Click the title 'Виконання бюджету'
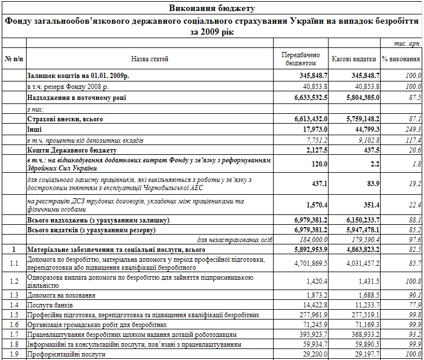[212, 8]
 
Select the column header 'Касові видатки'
[355, 59]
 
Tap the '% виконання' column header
[401, 59]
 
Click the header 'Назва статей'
[149, 59]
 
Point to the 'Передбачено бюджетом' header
[300, 59]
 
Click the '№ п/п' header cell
[13, 59]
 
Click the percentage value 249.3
[412, 129]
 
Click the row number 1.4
[13, 305]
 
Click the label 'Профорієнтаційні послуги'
[67, 355]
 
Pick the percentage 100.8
[412, 281]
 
